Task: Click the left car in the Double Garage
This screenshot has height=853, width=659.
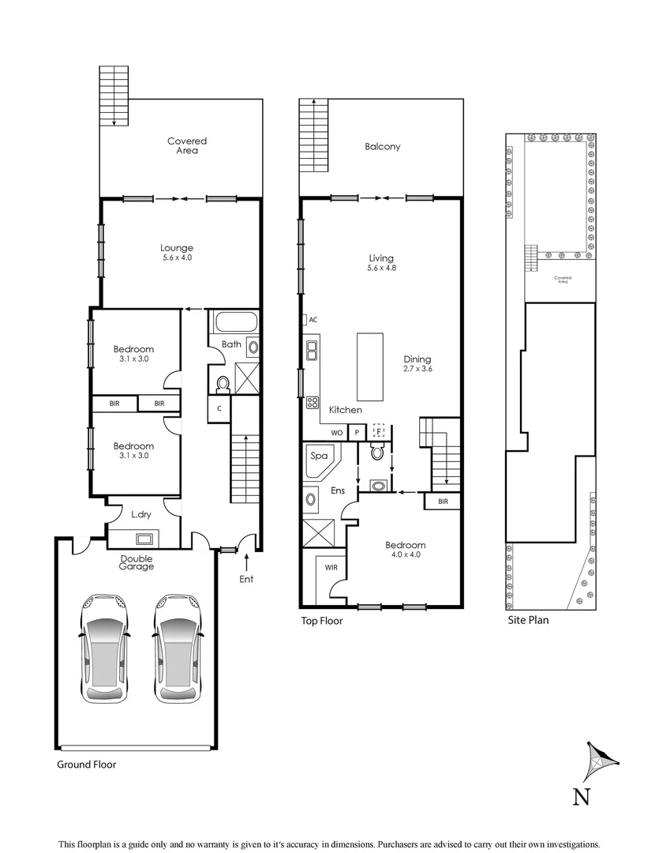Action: pyautogui.click(x=105, y=648)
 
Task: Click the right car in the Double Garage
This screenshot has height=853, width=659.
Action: pyautogui.click(x=178, y=648)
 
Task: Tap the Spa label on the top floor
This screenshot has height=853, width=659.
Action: pyautogui.click(x=320, y=456)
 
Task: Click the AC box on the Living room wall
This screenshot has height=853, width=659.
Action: pyautogui.click(x=313, y=320)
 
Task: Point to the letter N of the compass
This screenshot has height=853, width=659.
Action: pyautogui.click(x=581, y=797)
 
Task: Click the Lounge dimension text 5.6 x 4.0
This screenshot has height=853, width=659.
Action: pyautogui.click(x=177, y=257)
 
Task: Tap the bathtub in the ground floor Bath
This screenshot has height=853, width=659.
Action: pyautogui.click(x=235, y=323)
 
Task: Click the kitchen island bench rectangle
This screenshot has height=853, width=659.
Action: pyautogui.click(x=369, y=366)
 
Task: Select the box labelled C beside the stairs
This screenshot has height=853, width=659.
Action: pyautogui.click(x=219, y=408)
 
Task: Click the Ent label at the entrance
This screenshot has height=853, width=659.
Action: pyautogui.click(x=247, y=579)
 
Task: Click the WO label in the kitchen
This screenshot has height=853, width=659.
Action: pyautogui.click(x=336, y=433)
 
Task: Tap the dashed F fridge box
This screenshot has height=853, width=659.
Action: pyautogui.click(x=379, y=431)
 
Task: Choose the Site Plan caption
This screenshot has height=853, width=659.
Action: pyautogui.click(x=528, y=620)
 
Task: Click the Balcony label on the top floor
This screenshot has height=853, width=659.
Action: pyautogui.click(x=382, y=146)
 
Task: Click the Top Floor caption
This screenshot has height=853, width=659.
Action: pyautogui.click(x=321, y=621)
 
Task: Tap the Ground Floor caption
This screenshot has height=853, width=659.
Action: pyautogui.click(x=86, y=765)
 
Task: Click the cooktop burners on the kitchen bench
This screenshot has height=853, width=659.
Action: pyautogui.click(x=313, y=403)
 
